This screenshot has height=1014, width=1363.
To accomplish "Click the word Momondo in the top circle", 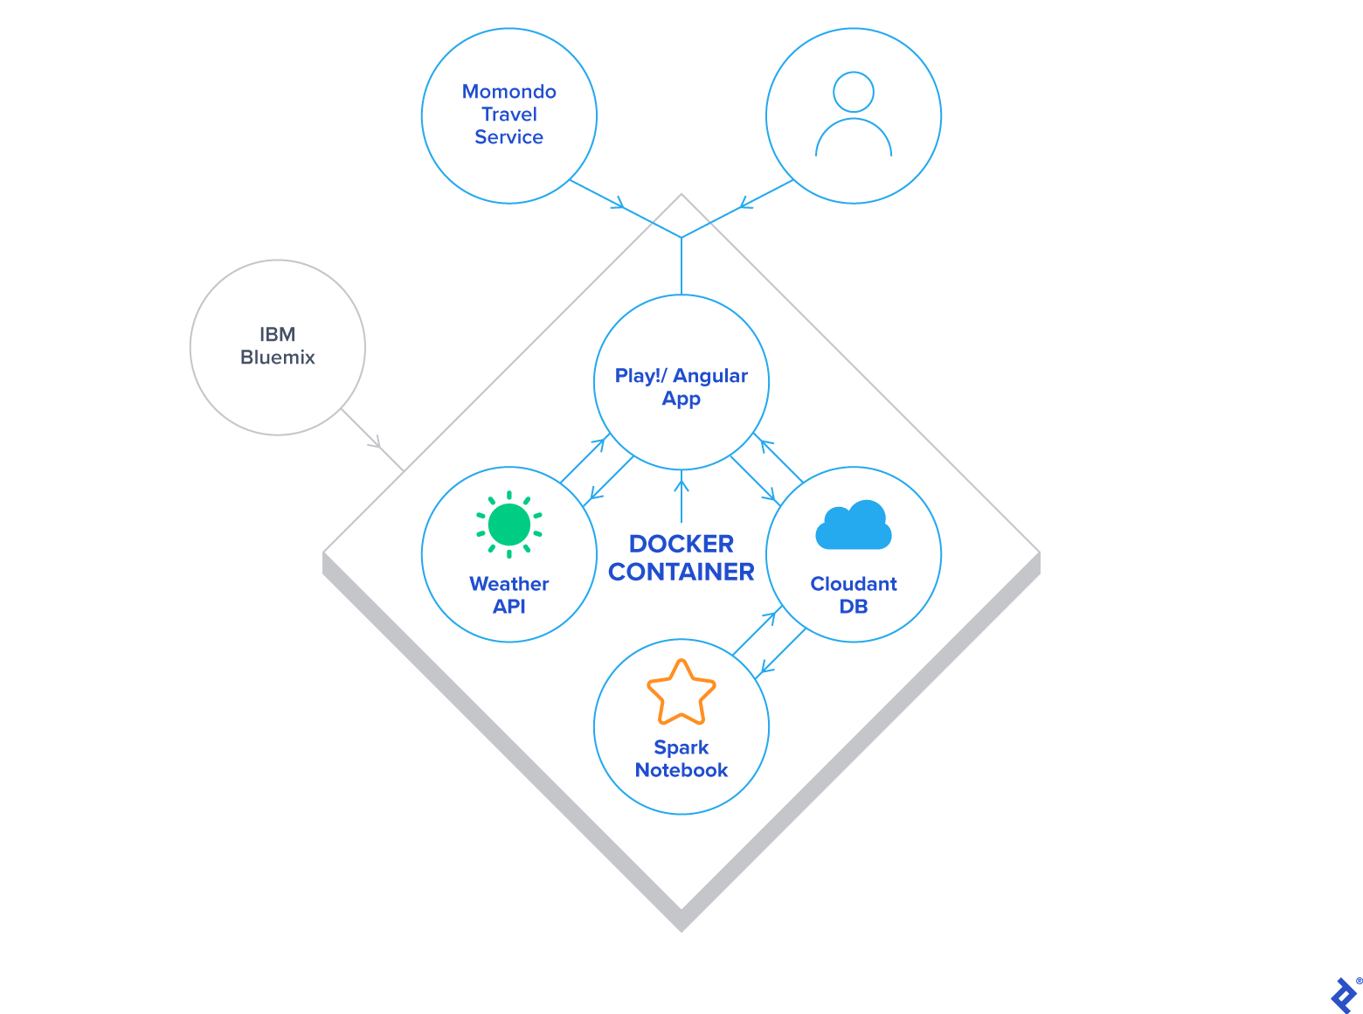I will point(509,92).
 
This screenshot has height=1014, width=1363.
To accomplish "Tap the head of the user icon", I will point(854,92).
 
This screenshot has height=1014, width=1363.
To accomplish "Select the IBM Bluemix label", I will point(278,346).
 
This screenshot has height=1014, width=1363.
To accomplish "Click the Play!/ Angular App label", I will point(681,387).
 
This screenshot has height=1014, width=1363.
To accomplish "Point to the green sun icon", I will point(509,524).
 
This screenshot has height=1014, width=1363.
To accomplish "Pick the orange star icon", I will point(681,692).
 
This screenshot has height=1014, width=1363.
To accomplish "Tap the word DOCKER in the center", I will point(681,544).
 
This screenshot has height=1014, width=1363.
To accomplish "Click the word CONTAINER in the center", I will point(681,572).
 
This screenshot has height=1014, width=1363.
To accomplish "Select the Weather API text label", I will point(509,595).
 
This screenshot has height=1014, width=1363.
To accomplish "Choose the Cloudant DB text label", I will point(854,595).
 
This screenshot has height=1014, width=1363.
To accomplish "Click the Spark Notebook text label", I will point(681,759).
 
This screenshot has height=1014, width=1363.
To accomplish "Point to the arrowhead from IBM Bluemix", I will point(377,443).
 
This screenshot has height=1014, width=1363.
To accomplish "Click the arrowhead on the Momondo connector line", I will point(619,205).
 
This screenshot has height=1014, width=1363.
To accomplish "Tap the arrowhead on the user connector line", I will point(744,205).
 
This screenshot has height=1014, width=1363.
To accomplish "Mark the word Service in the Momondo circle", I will point(509,137).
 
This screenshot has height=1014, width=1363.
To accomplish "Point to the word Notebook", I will point(681,770).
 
